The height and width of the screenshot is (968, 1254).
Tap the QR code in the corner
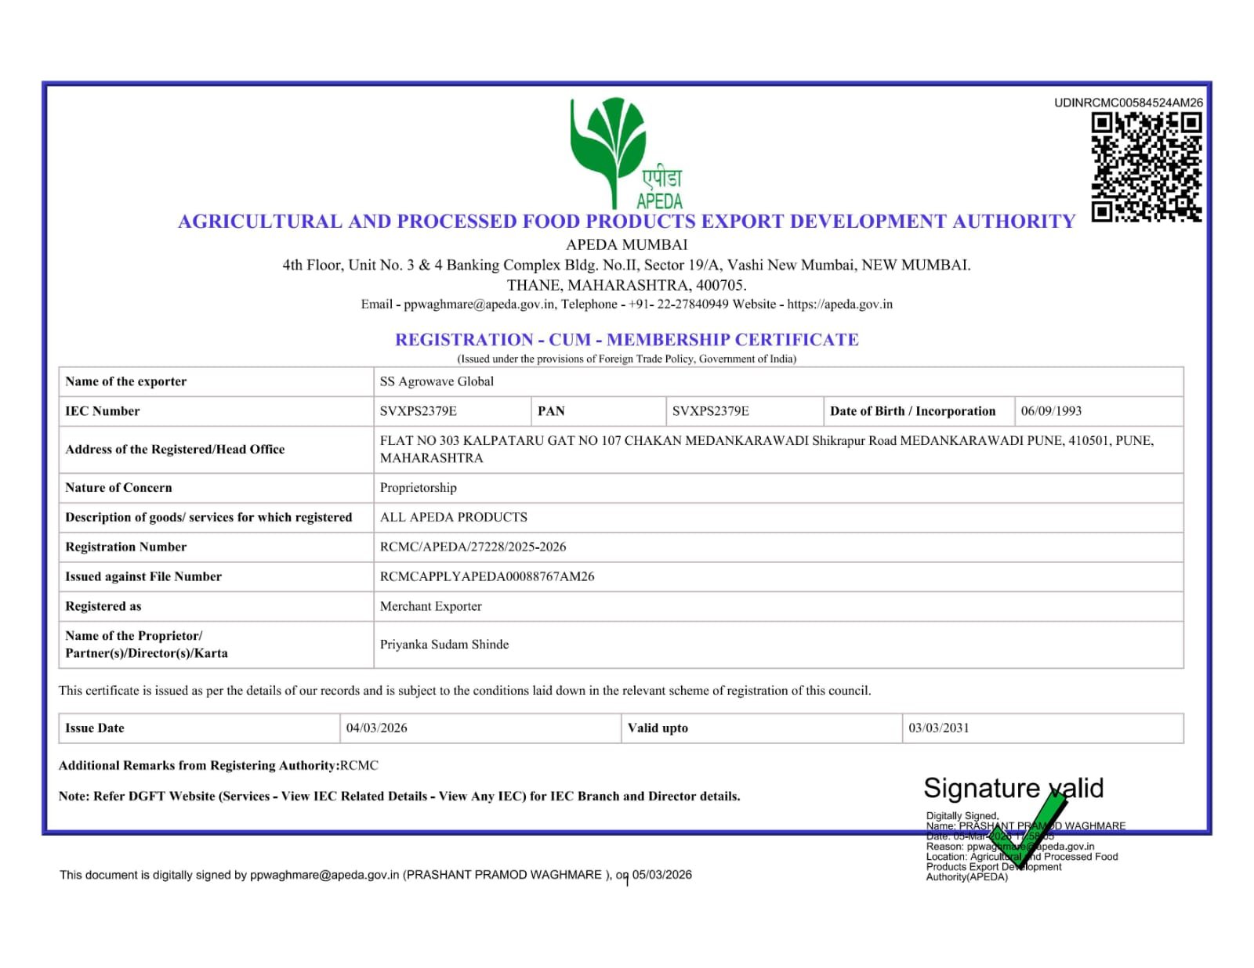pos(1146,167)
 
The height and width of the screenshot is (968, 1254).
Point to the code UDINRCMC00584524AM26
pos(1128,103)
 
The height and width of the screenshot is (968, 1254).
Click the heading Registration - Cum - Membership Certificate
pos(626,340)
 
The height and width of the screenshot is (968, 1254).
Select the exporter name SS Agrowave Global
pos(437,381)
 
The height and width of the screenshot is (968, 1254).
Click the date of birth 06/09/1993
pos(1051,411)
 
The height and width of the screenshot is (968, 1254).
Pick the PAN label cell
pos(551,411)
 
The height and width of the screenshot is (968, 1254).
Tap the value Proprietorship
pos(418,488)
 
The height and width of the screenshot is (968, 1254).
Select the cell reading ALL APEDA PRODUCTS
pos(453,518)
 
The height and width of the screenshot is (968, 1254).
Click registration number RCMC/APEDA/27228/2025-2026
pos(473,547)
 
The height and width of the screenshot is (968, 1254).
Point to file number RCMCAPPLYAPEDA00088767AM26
pos(487,576)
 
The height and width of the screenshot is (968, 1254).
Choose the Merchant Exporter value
pos(430,606)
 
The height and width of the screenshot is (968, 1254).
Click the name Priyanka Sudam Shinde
pos(444,645)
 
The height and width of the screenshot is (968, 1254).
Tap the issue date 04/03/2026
pos(376,728)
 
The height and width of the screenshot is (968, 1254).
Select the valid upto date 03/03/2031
pos(938,728)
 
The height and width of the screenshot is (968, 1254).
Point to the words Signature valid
pos(1013,788)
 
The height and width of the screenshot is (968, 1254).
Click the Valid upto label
pos(658,728)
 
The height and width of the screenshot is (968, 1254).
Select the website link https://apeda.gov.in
pos(839,305)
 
